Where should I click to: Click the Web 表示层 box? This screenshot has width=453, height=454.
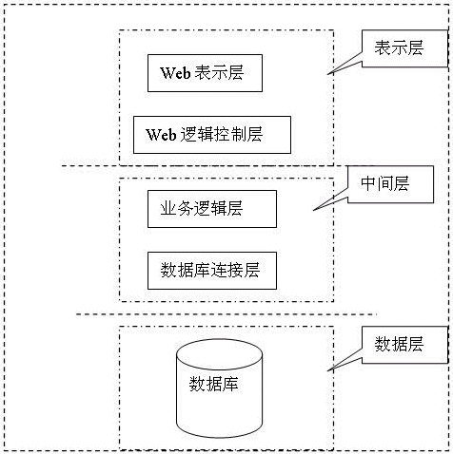point(205,73)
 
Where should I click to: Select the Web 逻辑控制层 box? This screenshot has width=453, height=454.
point(212,135)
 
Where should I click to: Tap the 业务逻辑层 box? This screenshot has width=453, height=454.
point(212,209)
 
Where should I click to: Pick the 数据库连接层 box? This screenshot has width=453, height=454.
point(212,271)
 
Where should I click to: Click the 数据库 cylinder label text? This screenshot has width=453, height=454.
point(213,384)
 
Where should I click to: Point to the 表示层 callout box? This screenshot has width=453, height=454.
point(404,48)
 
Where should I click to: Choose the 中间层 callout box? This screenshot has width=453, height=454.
point(390,184)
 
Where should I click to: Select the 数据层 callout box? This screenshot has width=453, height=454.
point(404,345)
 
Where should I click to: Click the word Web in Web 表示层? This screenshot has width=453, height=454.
point(175,73)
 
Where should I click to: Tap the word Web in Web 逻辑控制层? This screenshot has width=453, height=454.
point(161,135)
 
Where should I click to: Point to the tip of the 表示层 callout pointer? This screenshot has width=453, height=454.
point(327,74)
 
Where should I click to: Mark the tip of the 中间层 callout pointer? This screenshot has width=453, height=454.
point(313,210)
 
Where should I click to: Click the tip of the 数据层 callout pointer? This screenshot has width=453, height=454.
point(327,369)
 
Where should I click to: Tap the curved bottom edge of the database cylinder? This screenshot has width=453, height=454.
point(219,437)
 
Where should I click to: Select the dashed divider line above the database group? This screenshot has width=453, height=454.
point(226,314)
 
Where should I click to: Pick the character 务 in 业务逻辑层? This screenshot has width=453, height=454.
point(185,209)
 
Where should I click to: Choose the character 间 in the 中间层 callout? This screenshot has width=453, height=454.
point(385,184)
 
